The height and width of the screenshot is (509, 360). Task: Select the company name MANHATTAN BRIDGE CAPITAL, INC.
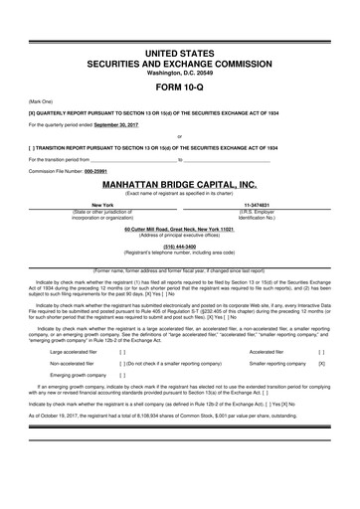point(179,157)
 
